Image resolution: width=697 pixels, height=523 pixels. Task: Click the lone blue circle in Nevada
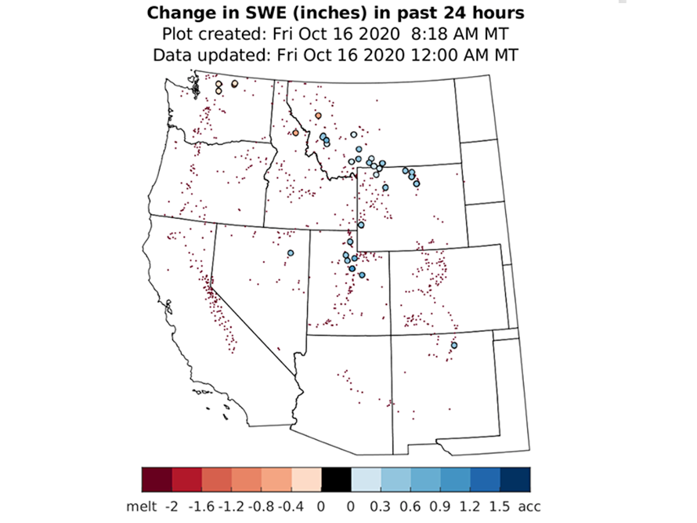pyautogui.click(x=290, y=253)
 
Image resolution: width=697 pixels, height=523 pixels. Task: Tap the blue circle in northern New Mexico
pyautogui.click(x=454, y=345)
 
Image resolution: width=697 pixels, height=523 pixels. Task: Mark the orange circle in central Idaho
pyautogui.click(x=295, y=133)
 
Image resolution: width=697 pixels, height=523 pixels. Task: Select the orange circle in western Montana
pyautogui.click(x=318, y=115)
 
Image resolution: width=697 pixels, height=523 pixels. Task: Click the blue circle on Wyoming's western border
pyautogui.click(x=361, y=225)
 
